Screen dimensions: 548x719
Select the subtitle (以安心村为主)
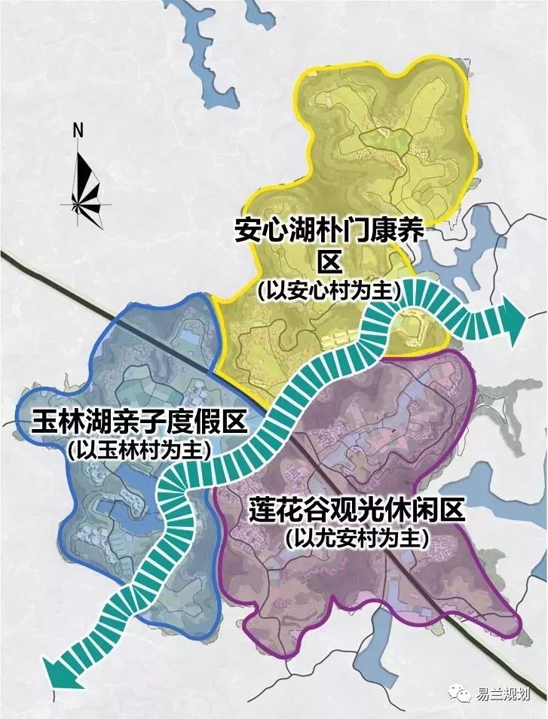(x=329, y=291)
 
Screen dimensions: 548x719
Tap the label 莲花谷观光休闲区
(x=356, y=513)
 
